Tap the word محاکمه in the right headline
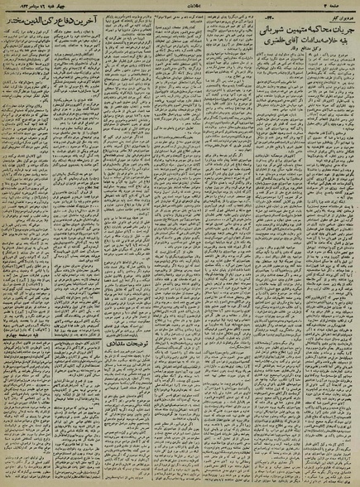point(314,22)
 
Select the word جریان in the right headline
point(340,22)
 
